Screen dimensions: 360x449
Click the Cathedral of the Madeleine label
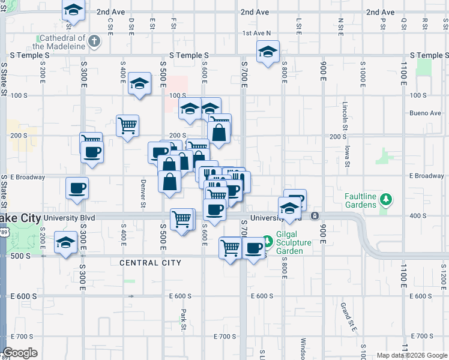(x=59, y=41)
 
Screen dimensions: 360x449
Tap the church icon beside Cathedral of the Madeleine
(x=94, y=41)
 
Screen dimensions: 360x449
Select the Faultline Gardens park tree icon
(x=387, y=200)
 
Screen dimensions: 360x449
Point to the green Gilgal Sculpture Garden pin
(x=268, y=242)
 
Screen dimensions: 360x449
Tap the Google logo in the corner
(x=20, y=353)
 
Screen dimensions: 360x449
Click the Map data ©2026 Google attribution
(x=412, y=355)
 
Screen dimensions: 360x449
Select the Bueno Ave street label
(x=426, y=113)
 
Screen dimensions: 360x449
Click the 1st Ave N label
(x=257, y=34)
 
